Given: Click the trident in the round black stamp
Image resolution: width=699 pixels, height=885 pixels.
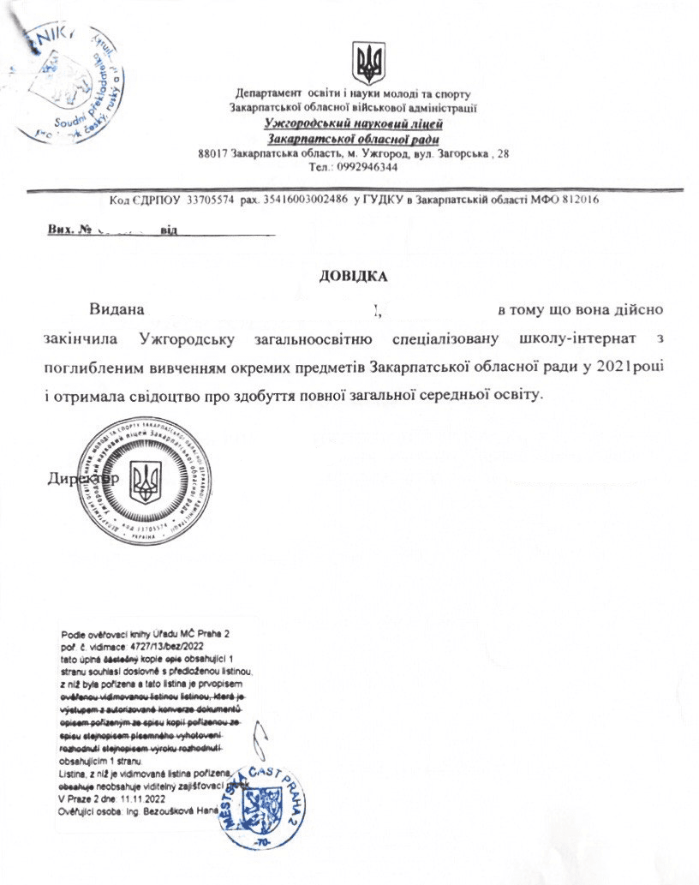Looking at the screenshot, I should click(146, 481).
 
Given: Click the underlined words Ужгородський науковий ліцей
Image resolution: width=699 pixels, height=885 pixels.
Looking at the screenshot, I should click(353, 124).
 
